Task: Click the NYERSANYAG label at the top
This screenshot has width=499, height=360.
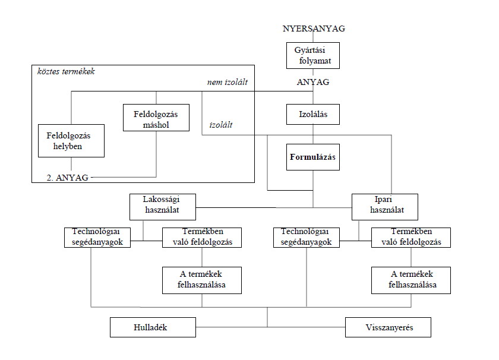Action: (x=314, y=29)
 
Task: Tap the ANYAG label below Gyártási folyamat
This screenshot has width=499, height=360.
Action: (x=313, y=83)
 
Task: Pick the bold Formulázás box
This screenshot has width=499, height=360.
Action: (x=313, y=157)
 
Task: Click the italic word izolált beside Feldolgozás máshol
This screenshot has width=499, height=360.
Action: (x=220, y=125)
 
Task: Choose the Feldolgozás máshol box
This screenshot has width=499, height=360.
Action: (x=156, y=117)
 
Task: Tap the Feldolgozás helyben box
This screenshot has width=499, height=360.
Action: (x=71, y=140)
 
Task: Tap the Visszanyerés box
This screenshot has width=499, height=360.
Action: (x=388, y=327)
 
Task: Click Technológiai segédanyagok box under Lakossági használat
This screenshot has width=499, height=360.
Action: (x=97, y=236)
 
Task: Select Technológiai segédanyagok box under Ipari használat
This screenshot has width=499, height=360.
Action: (x=307, y=236)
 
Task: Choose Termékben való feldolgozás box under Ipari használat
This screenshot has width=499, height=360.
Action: (x=410, y=236)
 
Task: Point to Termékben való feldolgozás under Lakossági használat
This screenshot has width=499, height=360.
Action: (x=202, y=236)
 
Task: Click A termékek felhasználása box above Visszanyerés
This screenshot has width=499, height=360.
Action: (x=410, y=280)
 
